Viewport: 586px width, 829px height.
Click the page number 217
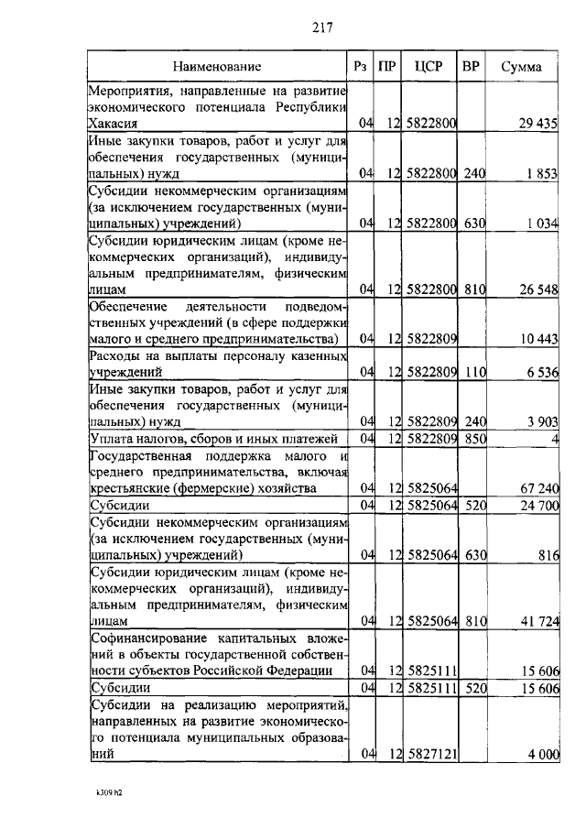pyautogui.click(x=320, y=27)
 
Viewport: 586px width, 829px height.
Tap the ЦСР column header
pyautogui.click(x=429, y=67)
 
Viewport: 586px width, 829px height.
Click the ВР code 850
pyautogui.click(x=472, y=439)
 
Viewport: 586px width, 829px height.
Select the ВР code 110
pyautogui.click(x=472, y=373)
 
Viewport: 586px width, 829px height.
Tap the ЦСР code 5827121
pyautogui.click(x=430, y=754)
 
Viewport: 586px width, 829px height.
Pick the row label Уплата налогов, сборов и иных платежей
pyautogui.click(x=214, y=439)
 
